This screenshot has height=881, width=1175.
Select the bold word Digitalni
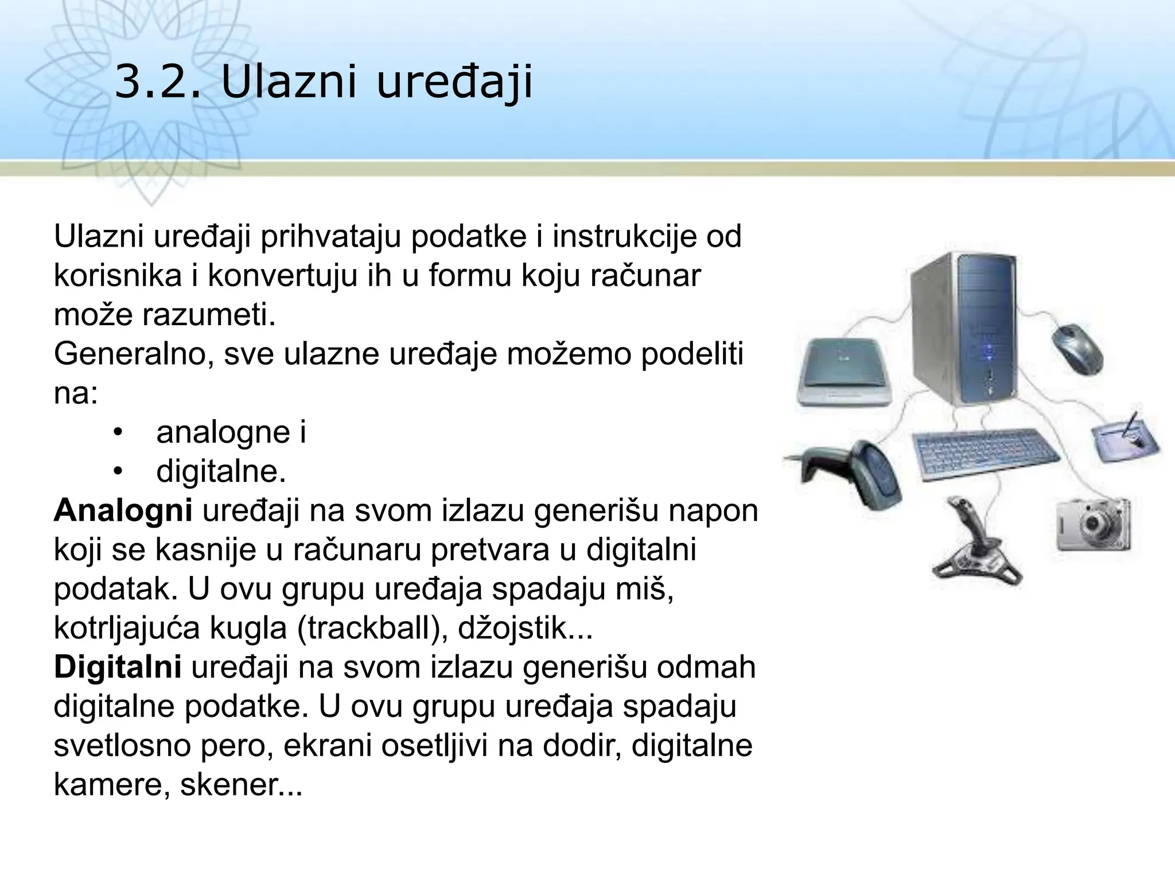pos(118,668)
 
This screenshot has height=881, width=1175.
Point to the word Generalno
pos(133,354)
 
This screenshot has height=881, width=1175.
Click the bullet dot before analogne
pos(118,432)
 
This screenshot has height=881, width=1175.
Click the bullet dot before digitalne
pos(118,472)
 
